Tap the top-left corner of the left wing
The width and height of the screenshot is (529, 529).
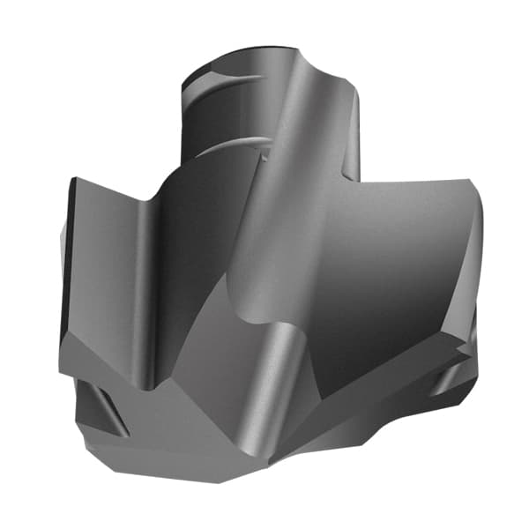(x=74, y=180)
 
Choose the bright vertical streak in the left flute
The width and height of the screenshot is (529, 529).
(x=141, y=291)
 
